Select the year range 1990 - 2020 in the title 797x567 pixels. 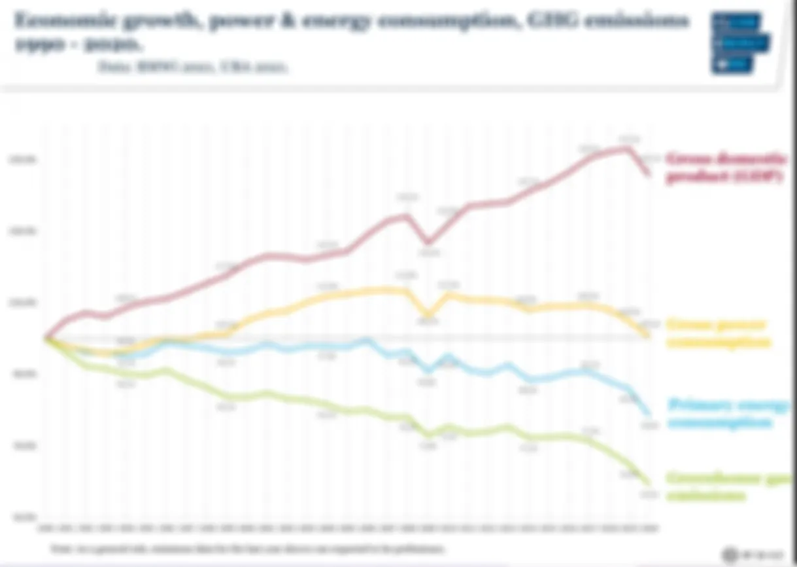tap(78, 45)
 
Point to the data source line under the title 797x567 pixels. tap(193, 66)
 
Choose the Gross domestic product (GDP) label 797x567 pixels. tap(726, 168)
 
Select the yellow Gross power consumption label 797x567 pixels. tap(718, 333)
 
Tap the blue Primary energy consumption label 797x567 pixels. tap(728, 414)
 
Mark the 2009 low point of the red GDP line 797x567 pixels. tap(428, 242)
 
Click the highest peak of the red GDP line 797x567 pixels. tap(628, 148)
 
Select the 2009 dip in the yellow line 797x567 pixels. tap(428, 314)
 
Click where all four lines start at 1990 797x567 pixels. tap(46, 338)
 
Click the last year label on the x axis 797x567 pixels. tap(649, 528)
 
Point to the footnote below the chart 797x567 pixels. tap(248, 548)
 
